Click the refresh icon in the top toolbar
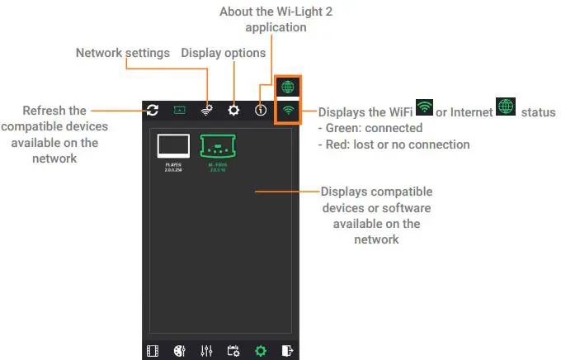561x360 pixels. pyautogui.click(x=153, y=110)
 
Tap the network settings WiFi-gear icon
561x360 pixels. pyautogui.click(x=206, y=110)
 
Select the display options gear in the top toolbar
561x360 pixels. pyautogui.click(x=233, y=110)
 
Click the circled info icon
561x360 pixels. pyautogui.click(x=261, y=110)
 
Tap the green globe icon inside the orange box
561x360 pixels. pyautogui.click(x=289, y=87)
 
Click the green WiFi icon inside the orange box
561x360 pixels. pyautogui.click(x=289, y=110)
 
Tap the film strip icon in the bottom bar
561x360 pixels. pyautogui.click(x=153, y=351)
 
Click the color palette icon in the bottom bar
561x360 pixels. pyautogui.click(x=180, y=351)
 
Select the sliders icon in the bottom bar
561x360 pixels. pyautogui.click(x=206, y=351)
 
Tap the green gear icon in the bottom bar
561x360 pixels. pyautogui.click(x=261, y=351)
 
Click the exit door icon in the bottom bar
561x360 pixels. pyautogui.click(x=287, y=351)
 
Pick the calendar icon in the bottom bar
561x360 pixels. pyautogui.click(x=233, y=351)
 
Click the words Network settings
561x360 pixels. pyautogui.click(x=122, y=53)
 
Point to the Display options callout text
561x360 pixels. pyautogui.click(x=223, y=53)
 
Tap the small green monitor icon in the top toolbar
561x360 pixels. pyautogui.click(x=180, y=110)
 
